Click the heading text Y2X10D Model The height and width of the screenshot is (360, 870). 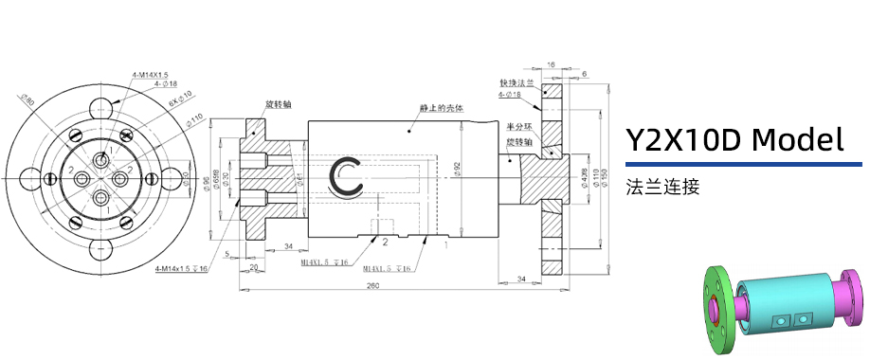click(734, 140)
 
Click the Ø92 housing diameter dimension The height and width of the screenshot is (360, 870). click(458, 167)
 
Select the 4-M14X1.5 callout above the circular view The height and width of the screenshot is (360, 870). click(150, 74)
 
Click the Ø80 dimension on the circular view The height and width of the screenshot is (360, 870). click(27, 101)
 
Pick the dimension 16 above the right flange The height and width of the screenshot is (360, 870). click(551, 65)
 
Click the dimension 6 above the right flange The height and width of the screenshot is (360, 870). click(584, 73)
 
